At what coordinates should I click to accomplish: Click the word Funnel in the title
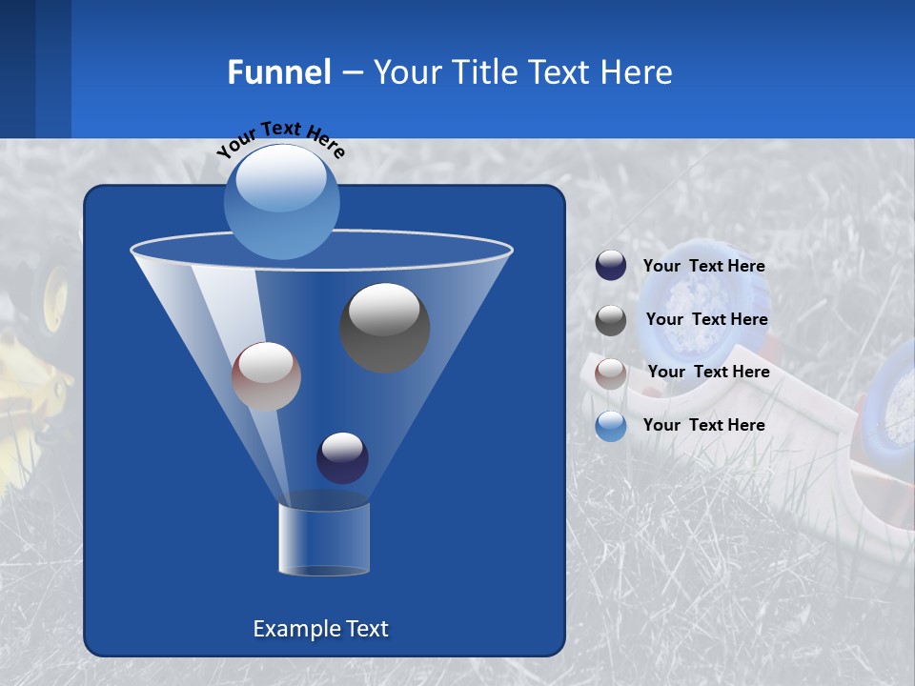[x=278, y=72]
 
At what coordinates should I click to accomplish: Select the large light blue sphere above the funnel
[x=282, y=201]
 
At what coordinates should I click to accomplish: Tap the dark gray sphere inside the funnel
[x=384, y=327]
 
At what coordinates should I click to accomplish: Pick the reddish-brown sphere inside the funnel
[x=266, y=376]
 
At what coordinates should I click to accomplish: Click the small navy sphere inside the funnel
[x=342, y=457]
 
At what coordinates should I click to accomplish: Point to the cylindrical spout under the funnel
[x=323, y=538]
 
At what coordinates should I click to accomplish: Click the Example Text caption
[x=320, y=629]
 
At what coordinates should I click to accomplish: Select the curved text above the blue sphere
[x=281, y=139]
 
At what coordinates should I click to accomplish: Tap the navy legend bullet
[x=611, y=266]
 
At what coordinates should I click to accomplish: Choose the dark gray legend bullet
[x=611, y=320]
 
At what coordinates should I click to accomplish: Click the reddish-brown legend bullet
[x=611, y=373]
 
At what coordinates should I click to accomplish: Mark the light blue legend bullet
[x=611, y=426]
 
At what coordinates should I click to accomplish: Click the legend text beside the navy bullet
[x=703, y=266]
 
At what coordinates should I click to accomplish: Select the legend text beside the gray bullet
[x=706, y=319]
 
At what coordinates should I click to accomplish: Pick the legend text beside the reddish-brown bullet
[x=708, y=372]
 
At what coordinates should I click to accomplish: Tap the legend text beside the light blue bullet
[x=703, y=425]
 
